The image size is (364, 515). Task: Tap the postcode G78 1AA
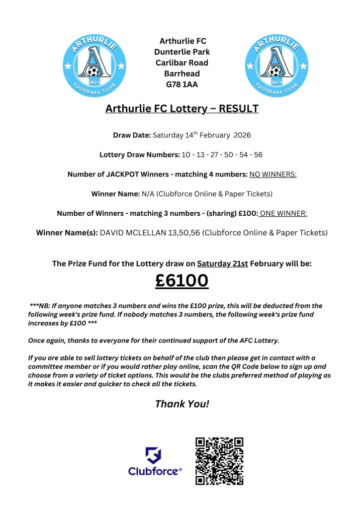click(182, 84)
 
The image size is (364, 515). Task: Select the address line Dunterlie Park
click(182, 52)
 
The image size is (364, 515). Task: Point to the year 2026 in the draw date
click(241, 135)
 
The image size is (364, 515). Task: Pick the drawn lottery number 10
click(186, 155)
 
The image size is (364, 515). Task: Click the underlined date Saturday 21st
click(222, 264)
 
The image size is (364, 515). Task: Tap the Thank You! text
click(181, 403)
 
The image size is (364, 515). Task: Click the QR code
click(219, 461)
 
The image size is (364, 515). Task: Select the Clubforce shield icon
click(153, 456)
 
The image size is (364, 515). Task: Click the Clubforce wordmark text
click(153, 471)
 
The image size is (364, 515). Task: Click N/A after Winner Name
click(148, 194)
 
